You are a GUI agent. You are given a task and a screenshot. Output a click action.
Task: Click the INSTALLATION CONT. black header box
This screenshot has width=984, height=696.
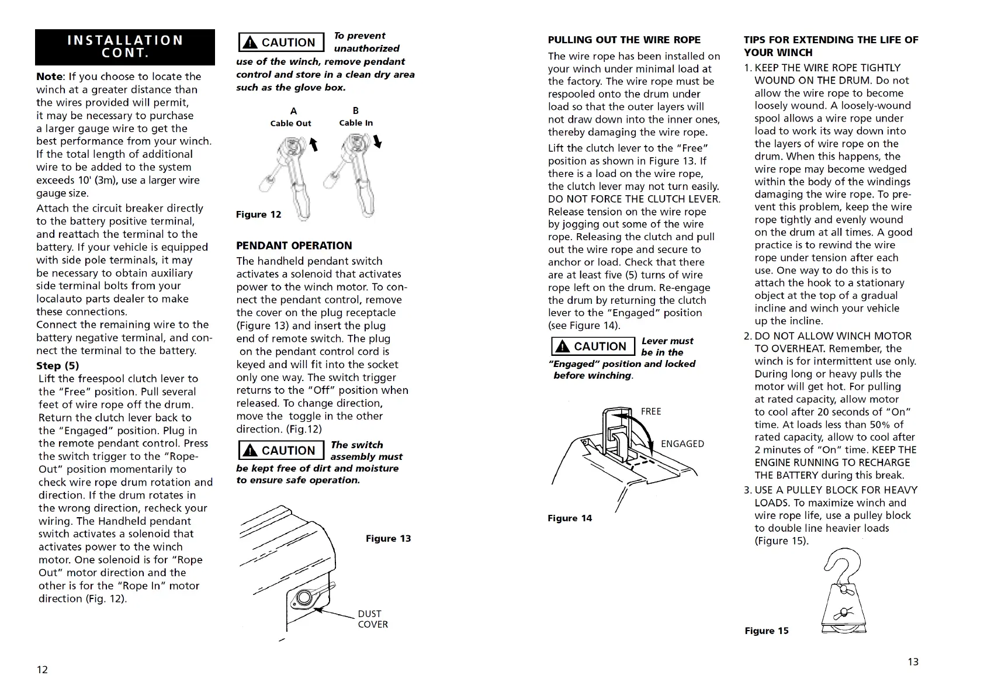125,47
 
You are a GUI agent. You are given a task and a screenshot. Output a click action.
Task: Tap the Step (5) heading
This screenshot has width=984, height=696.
57,366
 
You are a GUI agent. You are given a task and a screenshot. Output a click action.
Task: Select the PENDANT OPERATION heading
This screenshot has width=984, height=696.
294,245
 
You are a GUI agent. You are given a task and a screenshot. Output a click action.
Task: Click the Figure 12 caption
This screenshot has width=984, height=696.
258,214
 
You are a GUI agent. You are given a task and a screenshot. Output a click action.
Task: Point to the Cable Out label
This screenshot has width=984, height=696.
290,123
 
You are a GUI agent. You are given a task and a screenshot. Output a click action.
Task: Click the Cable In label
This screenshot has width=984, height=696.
356,123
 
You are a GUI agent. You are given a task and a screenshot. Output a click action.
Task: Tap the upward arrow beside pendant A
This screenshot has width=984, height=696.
314,144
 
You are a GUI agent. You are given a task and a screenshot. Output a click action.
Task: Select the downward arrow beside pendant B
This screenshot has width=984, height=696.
377,141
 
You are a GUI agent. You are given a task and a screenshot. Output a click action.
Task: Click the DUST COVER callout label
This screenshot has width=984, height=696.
373,619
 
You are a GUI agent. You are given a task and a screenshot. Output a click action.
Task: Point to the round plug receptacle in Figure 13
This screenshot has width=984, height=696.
303,598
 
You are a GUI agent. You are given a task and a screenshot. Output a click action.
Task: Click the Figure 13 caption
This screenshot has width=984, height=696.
388,538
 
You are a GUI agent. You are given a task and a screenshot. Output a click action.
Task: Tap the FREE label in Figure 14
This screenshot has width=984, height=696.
651,411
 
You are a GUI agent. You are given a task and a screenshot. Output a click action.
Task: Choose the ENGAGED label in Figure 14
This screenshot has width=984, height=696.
682,444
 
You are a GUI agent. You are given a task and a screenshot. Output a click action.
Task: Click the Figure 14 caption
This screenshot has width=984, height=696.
570,518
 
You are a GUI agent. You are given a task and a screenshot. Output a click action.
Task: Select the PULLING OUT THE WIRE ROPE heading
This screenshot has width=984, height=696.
624,40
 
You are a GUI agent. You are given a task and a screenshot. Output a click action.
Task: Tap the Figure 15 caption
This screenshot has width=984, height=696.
766,631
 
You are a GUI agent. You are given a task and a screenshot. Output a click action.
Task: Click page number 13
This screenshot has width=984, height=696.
913,662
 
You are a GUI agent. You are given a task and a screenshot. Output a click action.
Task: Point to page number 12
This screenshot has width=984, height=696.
43,670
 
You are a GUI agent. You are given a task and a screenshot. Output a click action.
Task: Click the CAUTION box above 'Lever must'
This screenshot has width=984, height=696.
593,347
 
